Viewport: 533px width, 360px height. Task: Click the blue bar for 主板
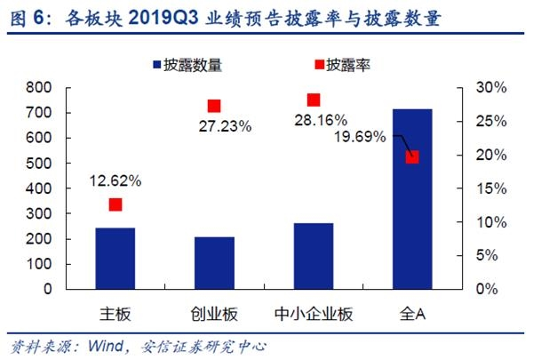point(115,258)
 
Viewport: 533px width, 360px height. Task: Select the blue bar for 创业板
point(214,262)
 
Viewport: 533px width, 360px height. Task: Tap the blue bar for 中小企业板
point(313,256)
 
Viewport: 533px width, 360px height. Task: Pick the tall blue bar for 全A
point(412,199)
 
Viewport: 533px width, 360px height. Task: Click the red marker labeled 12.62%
point(115,204)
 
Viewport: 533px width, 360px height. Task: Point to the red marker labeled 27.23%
point(214,106)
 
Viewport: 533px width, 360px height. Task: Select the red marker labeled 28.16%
point(313,100)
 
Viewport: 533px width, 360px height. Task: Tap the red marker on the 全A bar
point(412,157)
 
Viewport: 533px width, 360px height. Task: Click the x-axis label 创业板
point(214,315)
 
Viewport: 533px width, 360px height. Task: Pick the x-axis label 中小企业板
point(313,315)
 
